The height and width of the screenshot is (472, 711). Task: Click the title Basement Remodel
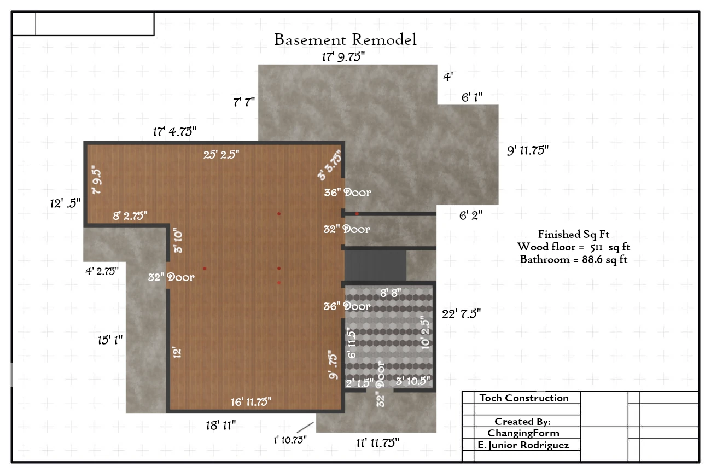pos(345,40)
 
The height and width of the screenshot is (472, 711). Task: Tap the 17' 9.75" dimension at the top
pos(343,57)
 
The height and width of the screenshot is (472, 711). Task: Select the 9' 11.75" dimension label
pos(528,150)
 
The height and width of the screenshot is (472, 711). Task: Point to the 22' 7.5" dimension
pos(461,314)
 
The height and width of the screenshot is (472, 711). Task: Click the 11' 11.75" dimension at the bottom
pos(377,443)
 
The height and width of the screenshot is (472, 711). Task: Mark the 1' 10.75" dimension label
pos(290,440)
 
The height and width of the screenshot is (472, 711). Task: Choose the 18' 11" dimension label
pos(221,426)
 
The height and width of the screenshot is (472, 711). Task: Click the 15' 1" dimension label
pos(110,340)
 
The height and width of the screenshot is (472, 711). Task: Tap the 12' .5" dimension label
pos(65,203)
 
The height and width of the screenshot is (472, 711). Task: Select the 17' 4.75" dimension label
pos(174,131)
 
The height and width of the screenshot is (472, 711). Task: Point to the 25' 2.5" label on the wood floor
pos(222,155)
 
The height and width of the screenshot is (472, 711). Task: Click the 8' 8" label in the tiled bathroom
pos(391,293)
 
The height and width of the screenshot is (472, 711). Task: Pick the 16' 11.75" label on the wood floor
pos(251,402)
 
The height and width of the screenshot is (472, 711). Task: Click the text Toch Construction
pos(524,398)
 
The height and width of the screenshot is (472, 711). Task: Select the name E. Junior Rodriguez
pos(523,445)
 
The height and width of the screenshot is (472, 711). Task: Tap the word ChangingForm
pos(523,433)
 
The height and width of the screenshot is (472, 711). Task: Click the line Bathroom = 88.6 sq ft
pos(574,260)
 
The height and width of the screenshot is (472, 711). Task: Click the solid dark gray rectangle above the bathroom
pos(375,265)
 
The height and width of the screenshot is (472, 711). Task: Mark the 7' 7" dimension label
pos(244,102)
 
